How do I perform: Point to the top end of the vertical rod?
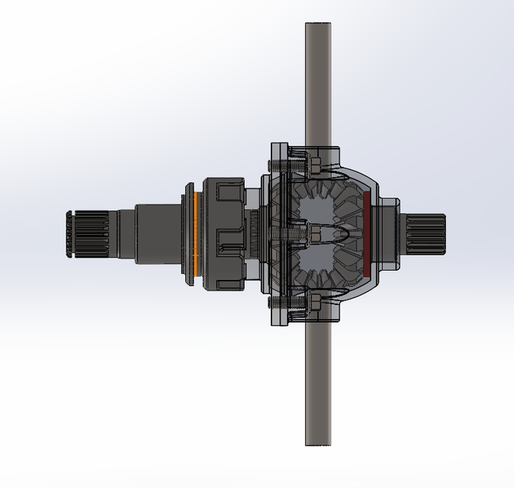(318, 30)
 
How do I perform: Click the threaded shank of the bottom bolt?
(294, 306)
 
